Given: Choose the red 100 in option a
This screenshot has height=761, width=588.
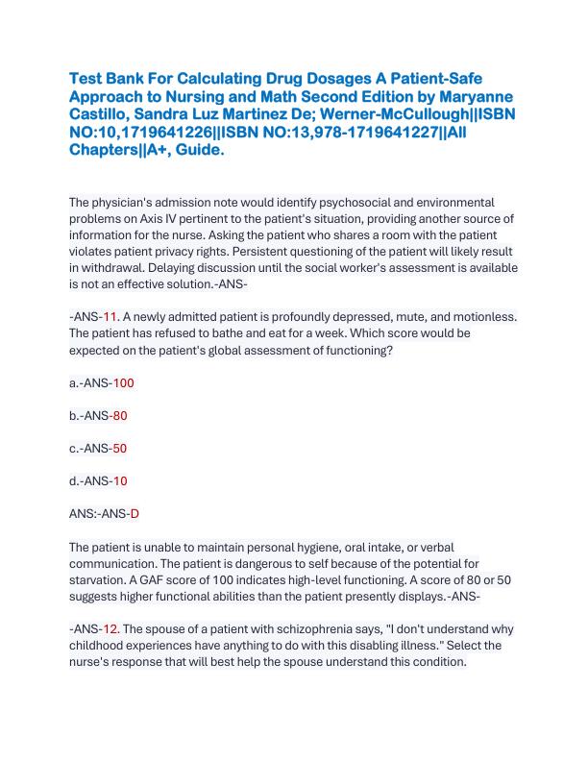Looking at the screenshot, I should (124, 382).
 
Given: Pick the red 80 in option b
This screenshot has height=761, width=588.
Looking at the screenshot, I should (120, 415).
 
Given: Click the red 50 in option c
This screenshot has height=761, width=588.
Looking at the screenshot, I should (119, 448).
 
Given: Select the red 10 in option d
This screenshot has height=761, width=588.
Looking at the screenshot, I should (120, 480).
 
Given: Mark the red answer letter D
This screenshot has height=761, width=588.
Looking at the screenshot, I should (135, 513).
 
